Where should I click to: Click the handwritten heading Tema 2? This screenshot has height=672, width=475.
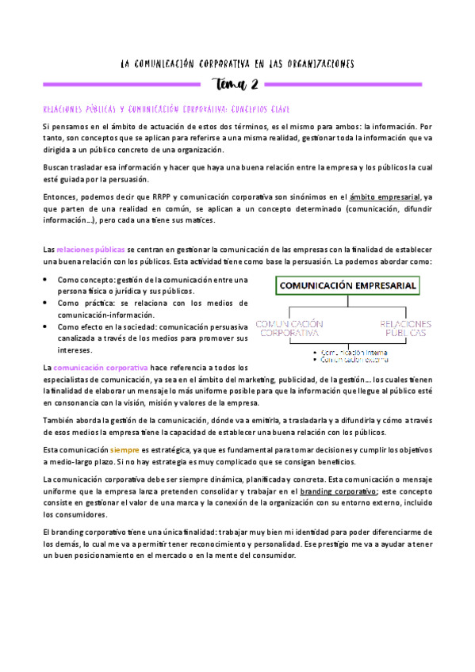(x=237, y=85)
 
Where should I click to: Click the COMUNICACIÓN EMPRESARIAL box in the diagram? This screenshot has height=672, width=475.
(x=347, y=287)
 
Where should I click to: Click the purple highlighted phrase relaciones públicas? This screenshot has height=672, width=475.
(x=90, y=249)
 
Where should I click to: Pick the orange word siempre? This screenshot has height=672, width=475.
(x=125, y=450)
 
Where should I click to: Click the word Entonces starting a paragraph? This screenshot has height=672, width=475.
(x=60, y=197)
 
